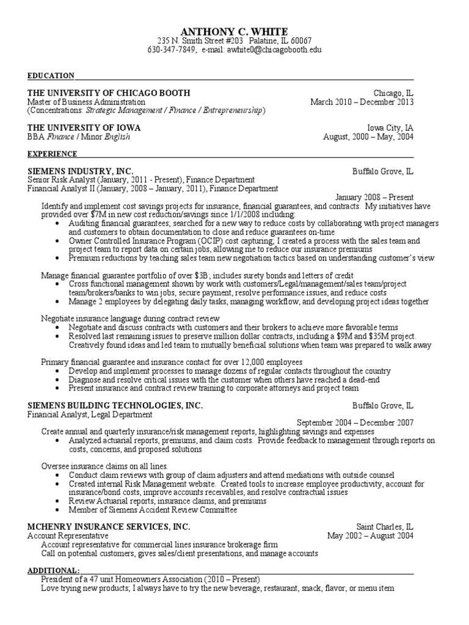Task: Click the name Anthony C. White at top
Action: pyautogui.click(x=234, y=31)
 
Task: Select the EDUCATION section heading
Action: pyautogui.click(x=51, y=76)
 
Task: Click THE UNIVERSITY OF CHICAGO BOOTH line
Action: pyautogui.click(x=109, y=93)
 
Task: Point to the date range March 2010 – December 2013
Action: pyautogui.click(x=362, y=102)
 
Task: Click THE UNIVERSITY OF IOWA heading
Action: pyautogui.click(x=84, y=128)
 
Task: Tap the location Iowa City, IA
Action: pyautogui.click(x=390, y=128)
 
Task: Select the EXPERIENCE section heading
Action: pyautogui.click(x=53, y=154)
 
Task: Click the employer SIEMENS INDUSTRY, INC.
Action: pyautogui.click(x=80, y=172)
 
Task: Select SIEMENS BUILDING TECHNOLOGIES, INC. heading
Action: pyautogui.click(x=115, y=405)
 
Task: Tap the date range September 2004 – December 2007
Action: pyautogui.click(x=355, y=422)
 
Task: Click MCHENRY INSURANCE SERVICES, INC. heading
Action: pyautogui.click(x=109, y=526)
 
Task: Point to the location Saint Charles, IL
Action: pyautogui.click(x=385, y=526)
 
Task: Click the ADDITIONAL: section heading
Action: pyautogui.click(x=53, y=569)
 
